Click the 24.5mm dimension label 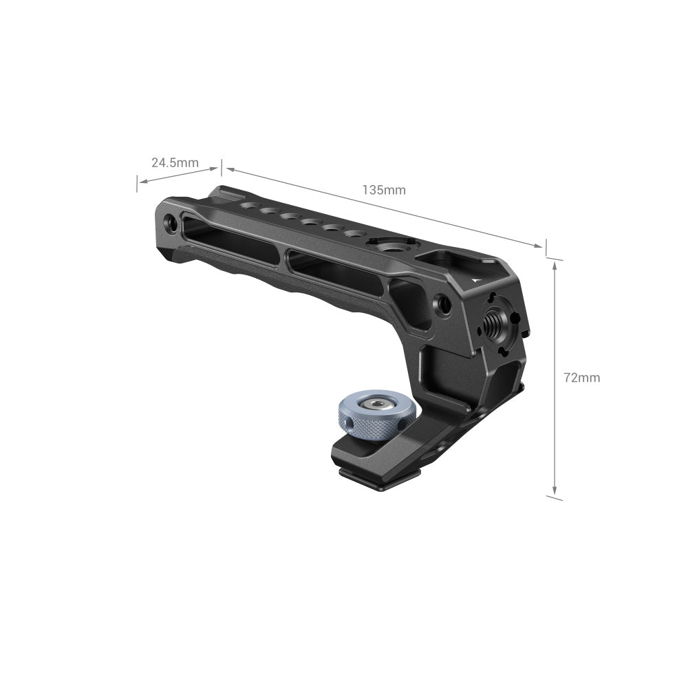click(x=175, y=163)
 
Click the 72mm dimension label click(x=581, y=377)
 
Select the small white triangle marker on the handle click(x=475, y=280)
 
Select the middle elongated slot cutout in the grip click(x=335, y=271)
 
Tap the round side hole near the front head click(x=444, y=304)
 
